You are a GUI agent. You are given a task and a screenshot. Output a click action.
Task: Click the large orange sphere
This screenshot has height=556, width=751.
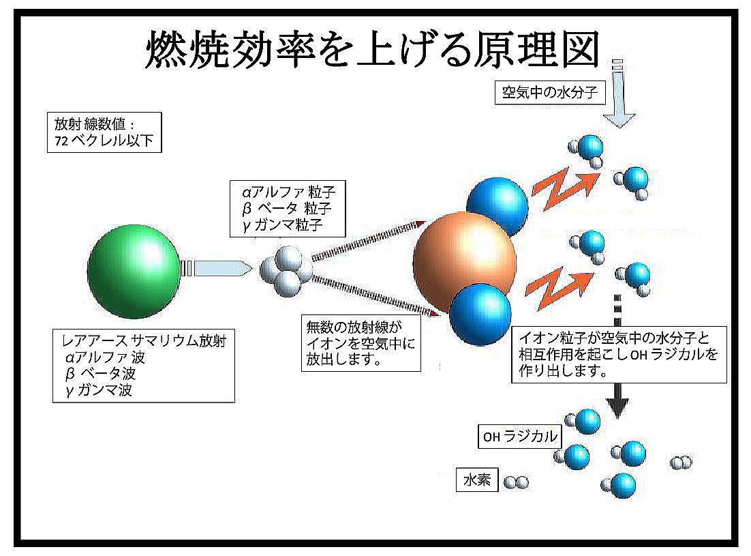pos(463,262)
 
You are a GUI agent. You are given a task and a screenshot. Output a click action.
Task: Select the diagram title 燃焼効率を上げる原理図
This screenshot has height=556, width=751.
pos(373,49)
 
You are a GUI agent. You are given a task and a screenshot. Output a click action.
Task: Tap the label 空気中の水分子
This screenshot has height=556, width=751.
pos(550,92)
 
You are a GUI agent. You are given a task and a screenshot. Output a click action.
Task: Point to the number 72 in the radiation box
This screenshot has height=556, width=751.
pos(61,141)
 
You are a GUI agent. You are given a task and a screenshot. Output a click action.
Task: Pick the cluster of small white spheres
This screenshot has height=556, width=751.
pos(286,271)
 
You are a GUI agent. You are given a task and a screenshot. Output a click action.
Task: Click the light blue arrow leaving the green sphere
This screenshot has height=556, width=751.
pos(217,268)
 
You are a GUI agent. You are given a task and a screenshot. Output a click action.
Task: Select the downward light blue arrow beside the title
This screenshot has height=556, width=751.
pos(618,93)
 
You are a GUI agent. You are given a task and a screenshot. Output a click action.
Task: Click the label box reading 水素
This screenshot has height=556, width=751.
pos(477,480)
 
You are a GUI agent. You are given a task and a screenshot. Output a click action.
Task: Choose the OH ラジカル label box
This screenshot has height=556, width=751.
pos(520,436)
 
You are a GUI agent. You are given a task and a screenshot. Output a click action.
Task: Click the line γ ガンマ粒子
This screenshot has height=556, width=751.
pos(283,225)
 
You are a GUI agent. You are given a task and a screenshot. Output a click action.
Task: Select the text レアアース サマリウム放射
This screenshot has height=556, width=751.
pos(144,341)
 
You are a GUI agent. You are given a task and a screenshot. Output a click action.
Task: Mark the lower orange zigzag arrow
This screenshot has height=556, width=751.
pos(558,289)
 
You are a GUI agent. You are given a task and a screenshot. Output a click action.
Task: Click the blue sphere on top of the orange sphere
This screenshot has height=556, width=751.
pos(497,206)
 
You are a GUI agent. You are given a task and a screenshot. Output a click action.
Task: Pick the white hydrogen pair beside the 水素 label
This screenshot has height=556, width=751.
pos(516,482)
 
